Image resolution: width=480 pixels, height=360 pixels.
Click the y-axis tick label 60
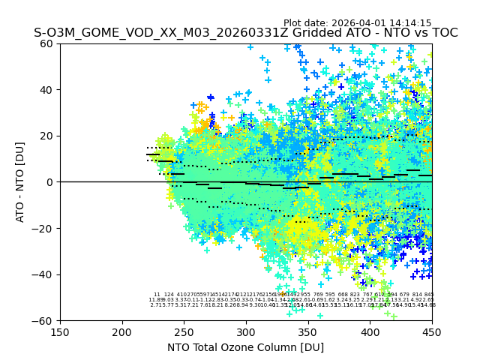click(x=47, y=43)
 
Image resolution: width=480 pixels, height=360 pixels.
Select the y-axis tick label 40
click(x=47, y=90)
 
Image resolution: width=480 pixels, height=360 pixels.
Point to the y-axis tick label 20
click(x=47, y=136)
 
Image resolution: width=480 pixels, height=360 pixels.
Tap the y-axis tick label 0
click(x=50, y=182)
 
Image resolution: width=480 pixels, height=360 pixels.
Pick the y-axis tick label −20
click(x=44, y=228)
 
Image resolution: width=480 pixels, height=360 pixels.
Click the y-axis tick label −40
click(x=44, y=274)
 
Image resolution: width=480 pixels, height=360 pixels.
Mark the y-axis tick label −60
click(x=44, y=320)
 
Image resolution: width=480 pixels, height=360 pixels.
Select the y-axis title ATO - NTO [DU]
click(x=21, y=182)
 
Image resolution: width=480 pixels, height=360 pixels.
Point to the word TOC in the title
click(x=442, y=33)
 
